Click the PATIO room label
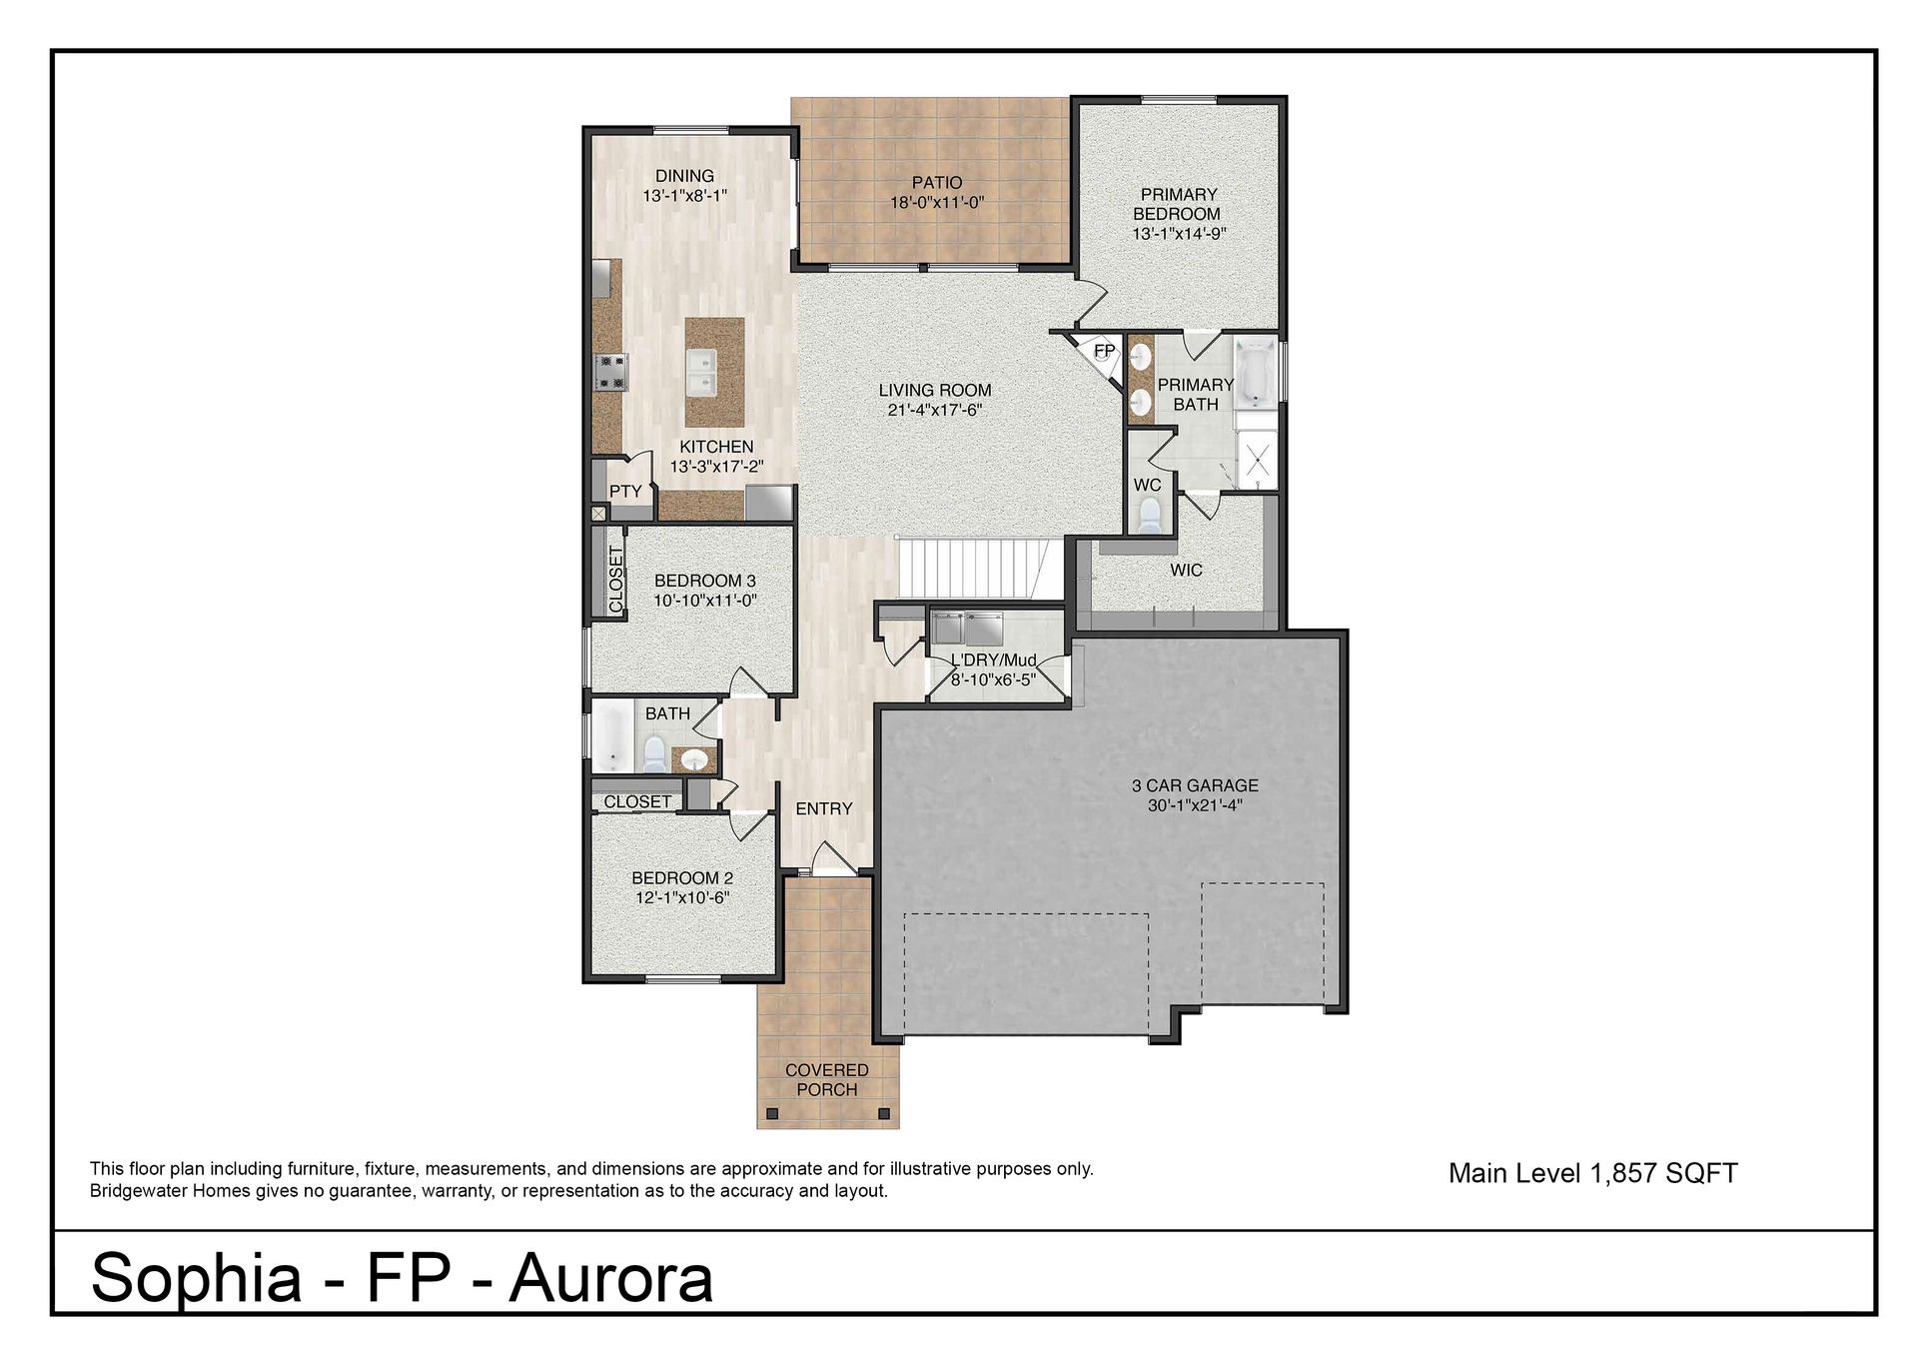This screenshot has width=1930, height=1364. pyautogui.click(x=937, y=183)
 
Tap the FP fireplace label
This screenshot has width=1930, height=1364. pyautogui.click(x=1104, y=351)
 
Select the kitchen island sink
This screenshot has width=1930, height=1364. pyautogui.click(x=714, y=372)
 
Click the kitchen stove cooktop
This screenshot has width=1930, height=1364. pyautogui.click(x=609, y=372)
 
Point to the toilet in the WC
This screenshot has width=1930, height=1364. pyautogui.click(x=1149, y=515)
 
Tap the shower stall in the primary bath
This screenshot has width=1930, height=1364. pyautogui.click(x=1256, y=459)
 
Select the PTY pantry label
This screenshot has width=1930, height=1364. pyautogui.click(x=625, y=492)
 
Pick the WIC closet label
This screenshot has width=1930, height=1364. pyautogui.click(x=1187, y=571)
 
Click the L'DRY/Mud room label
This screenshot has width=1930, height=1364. pyautogui.click(x=993, y=661)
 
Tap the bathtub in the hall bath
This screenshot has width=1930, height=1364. pyautogui.click(x=611, y=739)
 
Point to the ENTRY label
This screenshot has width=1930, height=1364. pyautogui.click(x=824, y=808)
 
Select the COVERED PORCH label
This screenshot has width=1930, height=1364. pyautogui.click(x=827, y=1080)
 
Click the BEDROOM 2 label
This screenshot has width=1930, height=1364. pyautogui.click(x=682, y=878)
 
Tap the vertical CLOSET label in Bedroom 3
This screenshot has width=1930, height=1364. pyautogui.click(x=615, y=579)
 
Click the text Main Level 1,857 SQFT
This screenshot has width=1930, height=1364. pyautogui.click(x=1593, y=1173)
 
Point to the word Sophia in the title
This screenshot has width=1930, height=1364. pyautogui.click(x=196, y=1277)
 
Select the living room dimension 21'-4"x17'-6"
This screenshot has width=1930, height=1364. pyautogui.click(x=936, y=410)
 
